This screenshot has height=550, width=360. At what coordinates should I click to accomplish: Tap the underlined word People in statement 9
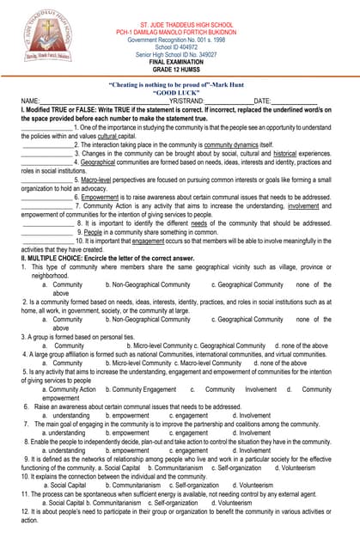(x=94, y=232)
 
